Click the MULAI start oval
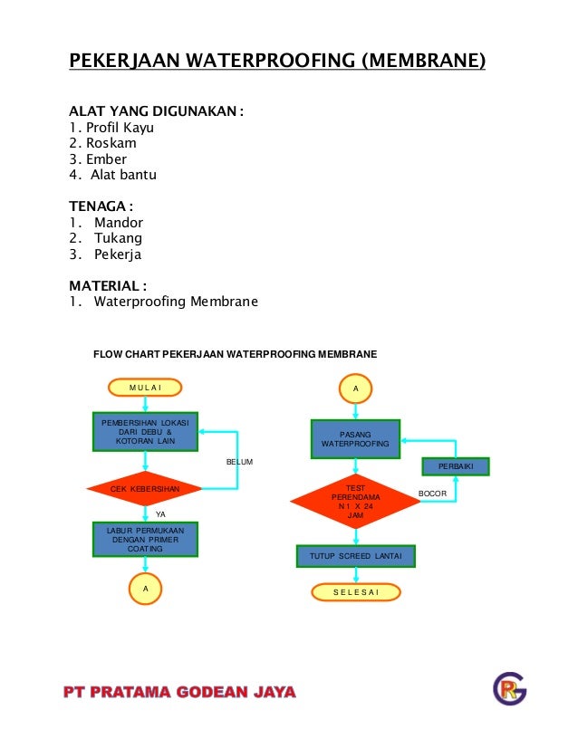[145, 388]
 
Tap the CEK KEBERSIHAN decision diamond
[145, 489]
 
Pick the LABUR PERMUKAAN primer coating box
[145, 540]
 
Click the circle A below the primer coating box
[145, 588]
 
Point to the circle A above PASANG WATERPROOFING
[355, 388]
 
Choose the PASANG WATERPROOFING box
[355, 439]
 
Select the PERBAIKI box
[456, 467]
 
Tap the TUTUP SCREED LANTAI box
[356, 555]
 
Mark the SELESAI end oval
[356, 592]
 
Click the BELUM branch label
[239, 462]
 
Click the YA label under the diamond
[161, 513]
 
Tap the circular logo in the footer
[509, 689]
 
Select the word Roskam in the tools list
[106, 143]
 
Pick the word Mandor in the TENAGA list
[119, 222]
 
